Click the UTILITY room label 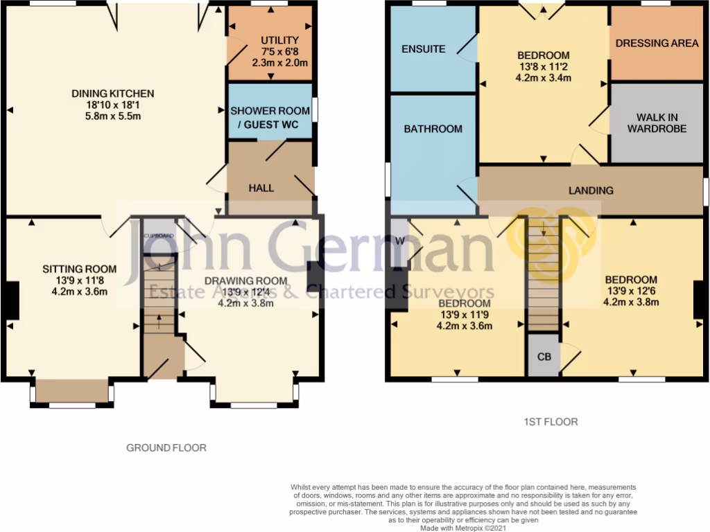280,40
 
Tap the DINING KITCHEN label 113,94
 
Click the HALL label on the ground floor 261,188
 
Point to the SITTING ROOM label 79,269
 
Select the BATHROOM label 433,129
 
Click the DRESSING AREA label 656,43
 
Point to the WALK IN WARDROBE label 657,123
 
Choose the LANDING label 591,190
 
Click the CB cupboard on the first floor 544,357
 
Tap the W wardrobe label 399,240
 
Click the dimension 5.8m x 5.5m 113,116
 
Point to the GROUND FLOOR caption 166,447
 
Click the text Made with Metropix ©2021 464,527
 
